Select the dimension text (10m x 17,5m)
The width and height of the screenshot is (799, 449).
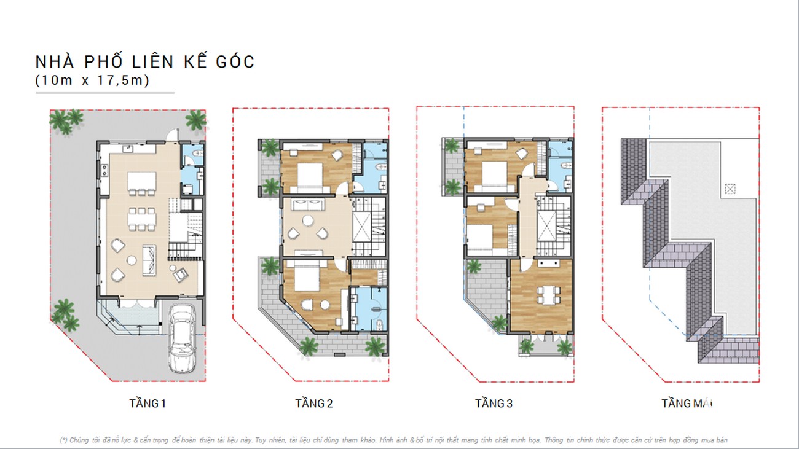pos(92,80)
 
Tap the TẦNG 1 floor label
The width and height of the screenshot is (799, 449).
pos(148,404)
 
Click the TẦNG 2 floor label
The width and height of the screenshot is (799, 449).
pos(313,404)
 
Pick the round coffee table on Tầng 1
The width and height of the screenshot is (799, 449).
pos(131,260)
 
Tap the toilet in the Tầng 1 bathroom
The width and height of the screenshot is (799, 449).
pos(194,154)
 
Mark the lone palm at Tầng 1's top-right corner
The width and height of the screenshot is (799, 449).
pos(195,120)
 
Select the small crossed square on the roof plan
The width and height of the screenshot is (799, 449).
pos(730,189)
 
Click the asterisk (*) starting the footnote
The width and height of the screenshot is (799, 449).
pos(63,440)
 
